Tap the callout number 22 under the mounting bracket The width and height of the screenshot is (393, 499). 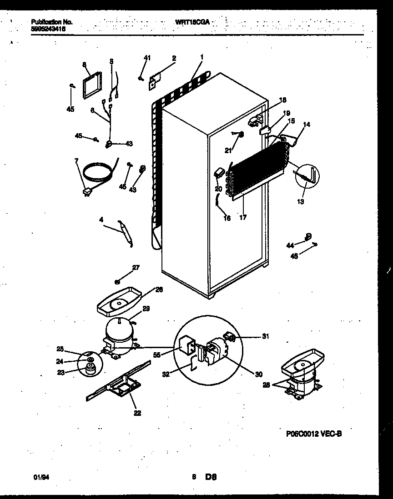click(137, 413)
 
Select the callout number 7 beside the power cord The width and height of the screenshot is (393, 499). click(76, 160)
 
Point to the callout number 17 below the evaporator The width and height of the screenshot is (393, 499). click(243, 217)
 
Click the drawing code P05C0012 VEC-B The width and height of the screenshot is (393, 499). click(313, 434)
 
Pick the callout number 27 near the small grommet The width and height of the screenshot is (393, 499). click(136, 268)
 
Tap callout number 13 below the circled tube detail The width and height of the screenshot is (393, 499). click(301, 201)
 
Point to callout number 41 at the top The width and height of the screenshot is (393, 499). click(146, 58)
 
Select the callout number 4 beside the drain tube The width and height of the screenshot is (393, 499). click(101, 220)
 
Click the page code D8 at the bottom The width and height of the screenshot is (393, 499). click(211, 477)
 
